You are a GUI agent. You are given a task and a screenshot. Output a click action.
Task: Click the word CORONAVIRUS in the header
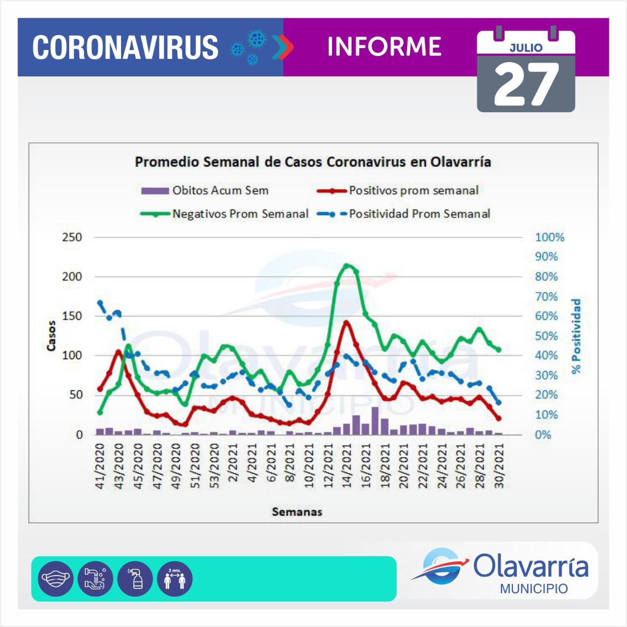(x=125, y=47)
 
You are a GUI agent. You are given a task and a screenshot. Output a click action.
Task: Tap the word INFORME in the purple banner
(x=384, y=47)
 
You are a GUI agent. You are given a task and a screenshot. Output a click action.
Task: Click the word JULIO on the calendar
(x=526, y=48)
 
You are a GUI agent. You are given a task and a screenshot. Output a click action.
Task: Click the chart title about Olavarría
(x=313, y=162)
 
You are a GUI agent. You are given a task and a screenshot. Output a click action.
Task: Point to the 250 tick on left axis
(x=72, y=238)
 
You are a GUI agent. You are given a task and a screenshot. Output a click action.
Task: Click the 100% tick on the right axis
(x=550, y=238)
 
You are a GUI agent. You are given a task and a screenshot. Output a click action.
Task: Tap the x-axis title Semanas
(x=297, y=512)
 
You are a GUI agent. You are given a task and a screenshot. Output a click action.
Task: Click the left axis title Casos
(x=52, y=336)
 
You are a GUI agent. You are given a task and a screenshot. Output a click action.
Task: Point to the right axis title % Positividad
(x=576, y=336)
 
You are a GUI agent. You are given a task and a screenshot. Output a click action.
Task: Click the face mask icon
(x=55, y=579)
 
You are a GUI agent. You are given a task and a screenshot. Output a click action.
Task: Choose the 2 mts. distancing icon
(x=174, y=579)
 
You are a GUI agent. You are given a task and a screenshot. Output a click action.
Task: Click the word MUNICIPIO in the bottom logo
(x=533, y=588)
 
